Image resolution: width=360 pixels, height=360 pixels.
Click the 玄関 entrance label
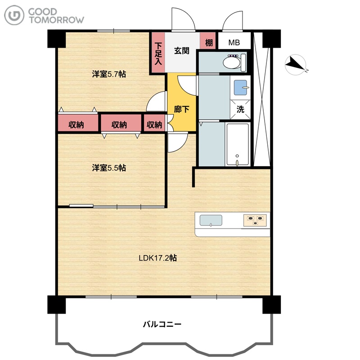[181, 51]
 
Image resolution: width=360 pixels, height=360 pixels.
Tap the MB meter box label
[234, 42]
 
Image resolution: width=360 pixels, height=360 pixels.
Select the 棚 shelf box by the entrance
[208, 40]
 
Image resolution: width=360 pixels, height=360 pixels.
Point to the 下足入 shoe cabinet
[158, 53]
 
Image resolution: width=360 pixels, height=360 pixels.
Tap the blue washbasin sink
[240, 87]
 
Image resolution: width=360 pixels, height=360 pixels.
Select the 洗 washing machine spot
[240, 109]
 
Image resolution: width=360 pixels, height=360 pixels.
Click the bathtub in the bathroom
[238, 144]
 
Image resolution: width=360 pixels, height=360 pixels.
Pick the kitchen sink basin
[211, 220]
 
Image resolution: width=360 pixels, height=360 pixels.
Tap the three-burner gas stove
[255, 220]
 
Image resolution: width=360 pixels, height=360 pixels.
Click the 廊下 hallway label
[181, 109]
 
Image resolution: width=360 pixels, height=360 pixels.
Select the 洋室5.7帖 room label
[109, 74]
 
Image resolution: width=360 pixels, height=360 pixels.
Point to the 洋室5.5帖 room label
[109, 168]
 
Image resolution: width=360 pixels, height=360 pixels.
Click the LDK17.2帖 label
[158, 258]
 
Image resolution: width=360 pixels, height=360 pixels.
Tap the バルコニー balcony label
[162, 324]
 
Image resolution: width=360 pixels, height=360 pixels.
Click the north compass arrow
[295, 64]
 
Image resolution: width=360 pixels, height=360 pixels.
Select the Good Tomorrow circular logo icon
[14, 15]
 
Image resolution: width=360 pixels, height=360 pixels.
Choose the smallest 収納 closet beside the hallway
[154, 123]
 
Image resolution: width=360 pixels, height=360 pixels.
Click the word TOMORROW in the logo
[57, 20]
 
